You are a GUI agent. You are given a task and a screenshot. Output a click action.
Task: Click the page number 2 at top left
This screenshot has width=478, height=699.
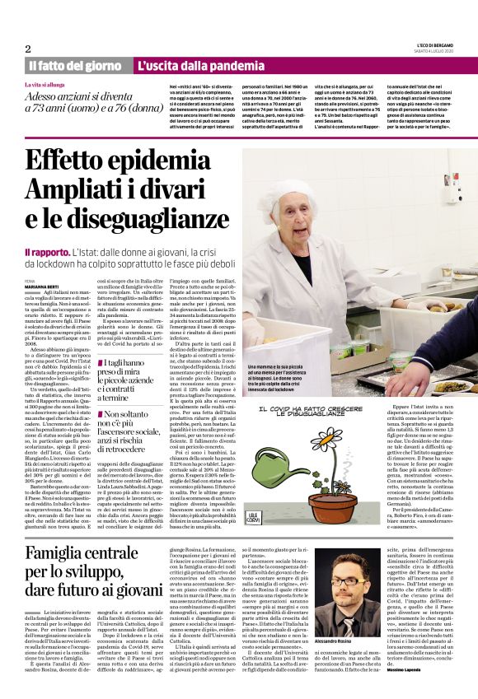coord(28,49)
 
